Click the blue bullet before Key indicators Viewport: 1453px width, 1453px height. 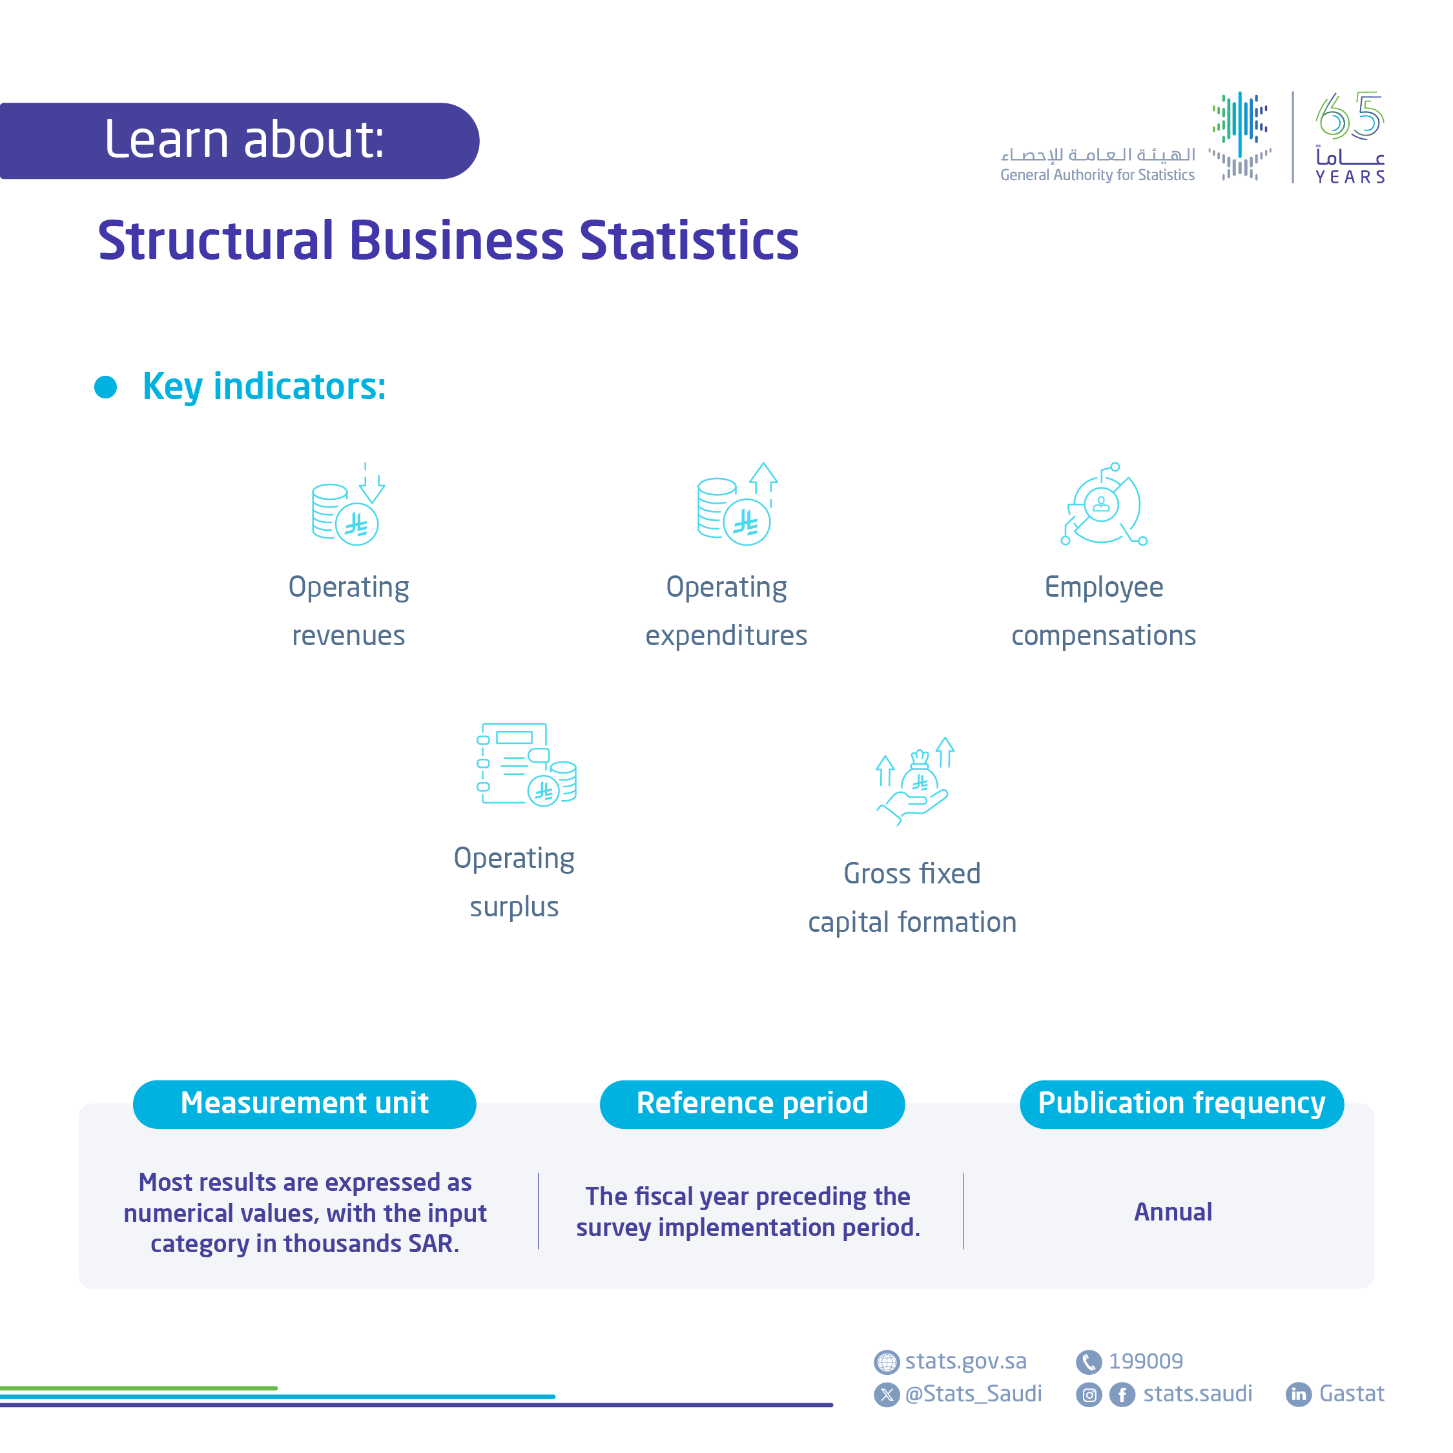pyautogui.click(x=105, y=387)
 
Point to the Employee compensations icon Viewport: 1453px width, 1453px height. pyautogui.click(x=1103, y=504)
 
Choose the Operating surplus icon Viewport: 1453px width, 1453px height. pyautogui.click(x=526, y=764)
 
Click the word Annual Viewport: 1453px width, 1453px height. pyautogui.click(x=1173, y=1211)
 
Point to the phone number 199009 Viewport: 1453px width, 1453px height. pyautogui.click(x=1146, y=1361)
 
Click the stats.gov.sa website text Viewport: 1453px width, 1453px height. pyautogui.click(x=965, y=1361)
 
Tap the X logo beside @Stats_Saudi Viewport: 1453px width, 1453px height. pyautogui.click(x=887, y=1394)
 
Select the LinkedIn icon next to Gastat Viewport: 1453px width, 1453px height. pyautogui.click(x=1298, y=1394)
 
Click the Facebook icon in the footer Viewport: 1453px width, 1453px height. pyautogui.click(x=1122, y=1394)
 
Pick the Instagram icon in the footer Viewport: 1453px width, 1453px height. pyautogui.click(x=1088, y=1394)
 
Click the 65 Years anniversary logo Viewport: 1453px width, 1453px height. pyautogui.click(x=1349, y=137)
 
